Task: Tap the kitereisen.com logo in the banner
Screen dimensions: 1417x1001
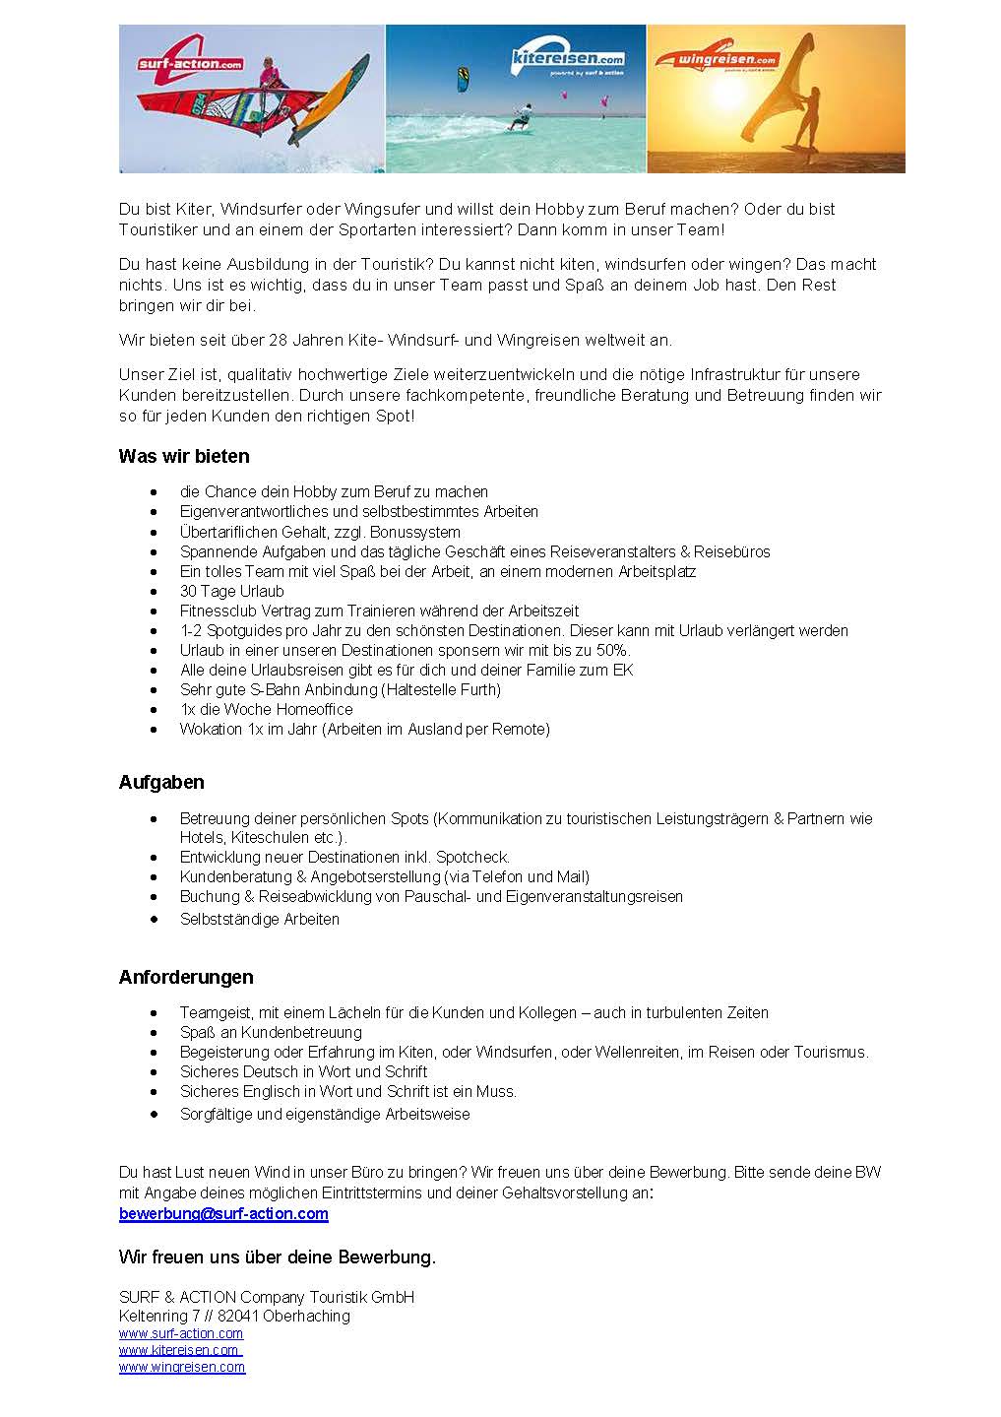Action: coord(569,58)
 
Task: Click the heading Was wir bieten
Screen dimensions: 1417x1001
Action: coord(184,456)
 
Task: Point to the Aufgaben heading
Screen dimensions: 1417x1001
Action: coord(161,782)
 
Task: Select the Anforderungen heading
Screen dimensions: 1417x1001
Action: coord(186,977)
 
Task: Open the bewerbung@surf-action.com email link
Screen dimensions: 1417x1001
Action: coord(223,1213)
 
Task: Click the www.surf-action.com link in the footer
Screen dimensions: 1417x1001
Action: coord(181,1333)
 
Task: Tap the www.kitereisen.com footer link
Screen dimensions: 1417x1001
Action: coord(179,1350)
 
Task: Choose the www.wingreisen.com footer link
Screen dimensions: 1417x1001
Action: coord(182,1367)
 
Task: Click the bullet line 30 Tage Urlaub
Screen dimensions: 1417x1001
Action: coord(231,591)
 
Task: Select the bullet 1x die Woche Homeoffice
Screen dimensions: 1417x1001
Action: coord(266,709)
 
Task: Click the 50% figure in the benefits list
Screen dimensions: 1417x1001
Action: coord(610,650)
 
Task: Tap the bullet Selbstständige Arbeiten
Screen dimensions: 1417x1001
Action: coord(259,919)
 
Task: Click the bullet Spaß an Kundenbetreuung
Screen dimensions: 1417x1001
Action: coord(271,1032)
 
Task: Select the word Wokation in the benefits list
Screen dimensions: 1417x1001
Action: coord(211,729)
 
